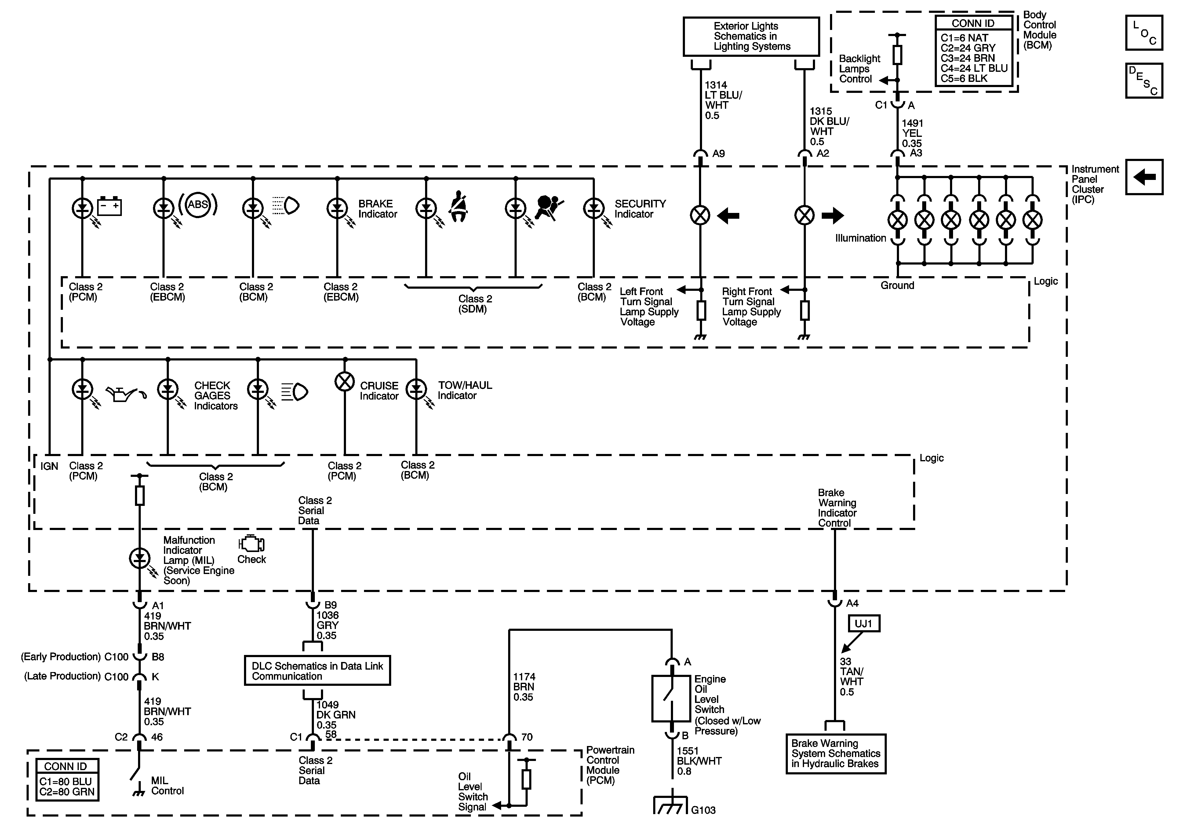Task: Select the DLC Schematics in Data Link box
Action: (317, 671)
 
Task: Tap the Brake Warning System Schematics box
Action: (835, 754)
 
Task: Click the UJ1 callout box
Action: (864, 624)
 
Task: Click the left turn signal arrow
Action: (728, 215)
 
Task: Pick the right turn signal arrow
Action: (833, 215)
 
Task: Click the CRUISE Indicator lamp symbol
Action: (345, 382)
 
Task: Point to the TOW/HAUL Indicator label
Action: (465, 390)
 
